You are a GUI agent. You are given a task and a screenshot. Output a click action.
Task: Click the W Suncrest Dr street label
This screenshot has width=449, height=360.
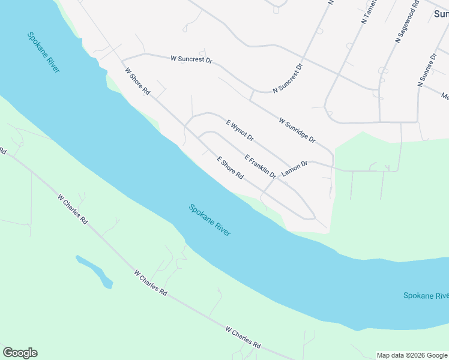coord(192,59)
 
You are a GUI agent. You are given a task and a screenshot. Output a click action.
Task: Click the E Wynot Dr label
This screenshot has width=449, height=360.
coord(240,130)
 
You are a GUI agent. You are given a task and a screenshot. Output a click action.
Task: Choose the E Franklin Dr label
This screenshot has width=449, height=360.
coord(260,166)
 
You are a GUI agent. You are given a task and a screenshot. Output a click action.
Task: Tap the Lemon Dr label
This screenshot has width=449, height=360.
coord(294,167)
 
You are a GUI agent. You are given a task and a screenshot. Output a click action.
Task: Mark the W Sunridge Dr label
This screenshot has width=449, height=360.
coord(297,130)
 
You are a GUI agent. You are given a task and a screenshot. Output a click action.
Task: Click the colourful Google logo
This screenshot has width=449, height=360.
coord(20,353)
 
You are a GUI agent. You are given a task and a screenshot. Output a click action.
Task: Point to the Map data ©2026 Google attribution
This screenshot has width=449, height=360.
coord(412,355)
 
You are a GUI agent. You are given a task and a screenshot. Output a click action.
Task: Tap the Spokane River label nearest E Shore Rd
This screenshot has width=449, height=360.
coord(209,220)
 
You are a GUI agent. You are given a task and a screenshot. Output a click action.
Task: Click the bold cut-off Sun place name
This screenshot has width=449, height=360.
coord(441,11)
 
